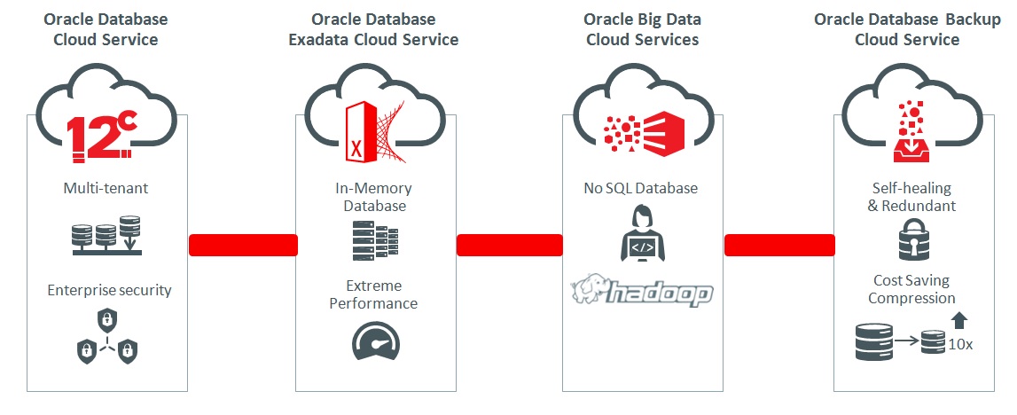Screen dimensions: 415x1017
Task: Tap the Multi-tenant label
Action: point(106,188)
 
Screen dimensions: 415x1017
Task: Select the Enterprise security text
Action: point(109,290)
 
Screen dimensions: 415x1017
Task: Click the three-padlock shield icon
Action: point(107,338)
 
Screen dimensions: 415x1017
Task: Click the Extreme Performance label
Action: point(373,294)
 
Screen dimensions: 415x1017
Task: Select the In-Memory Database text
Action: point(373,197)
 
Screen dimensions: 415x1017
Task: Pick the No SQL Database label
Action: point(640,188)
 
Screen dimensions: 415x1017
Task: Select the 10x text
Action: point(958,344)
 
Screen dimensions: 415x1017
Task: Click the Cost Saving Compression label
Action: point(911,289)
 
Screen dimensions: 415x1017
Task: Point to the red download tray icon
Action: point(912,134)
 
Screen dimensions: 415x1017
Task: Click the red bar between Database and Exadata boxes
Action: point(242,245)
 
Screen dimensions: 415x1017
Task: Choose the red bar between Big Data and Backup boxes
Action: point(778,245)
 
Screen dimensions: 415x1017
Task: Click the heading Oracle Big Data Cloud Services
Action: point(641,29)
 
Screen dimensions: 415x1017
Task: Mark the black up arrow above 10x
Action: point(959,320)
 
